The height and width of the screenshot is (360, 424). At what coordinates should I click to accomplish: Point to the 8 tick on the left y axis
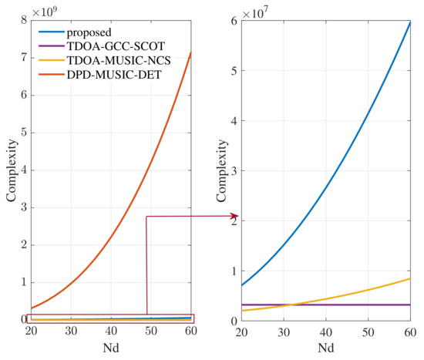(x=21, y=21)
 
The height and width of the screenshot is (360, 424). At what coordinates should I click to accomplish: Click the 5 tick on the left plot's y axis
(x=21, y=133)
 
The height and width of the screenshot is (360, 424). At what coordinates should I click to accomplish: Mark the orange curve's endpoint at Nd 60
(x=191, y=53)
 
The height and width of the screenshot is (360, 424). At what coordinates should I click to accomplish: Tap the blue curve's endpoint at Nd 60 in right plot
(x=409, y=22)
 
